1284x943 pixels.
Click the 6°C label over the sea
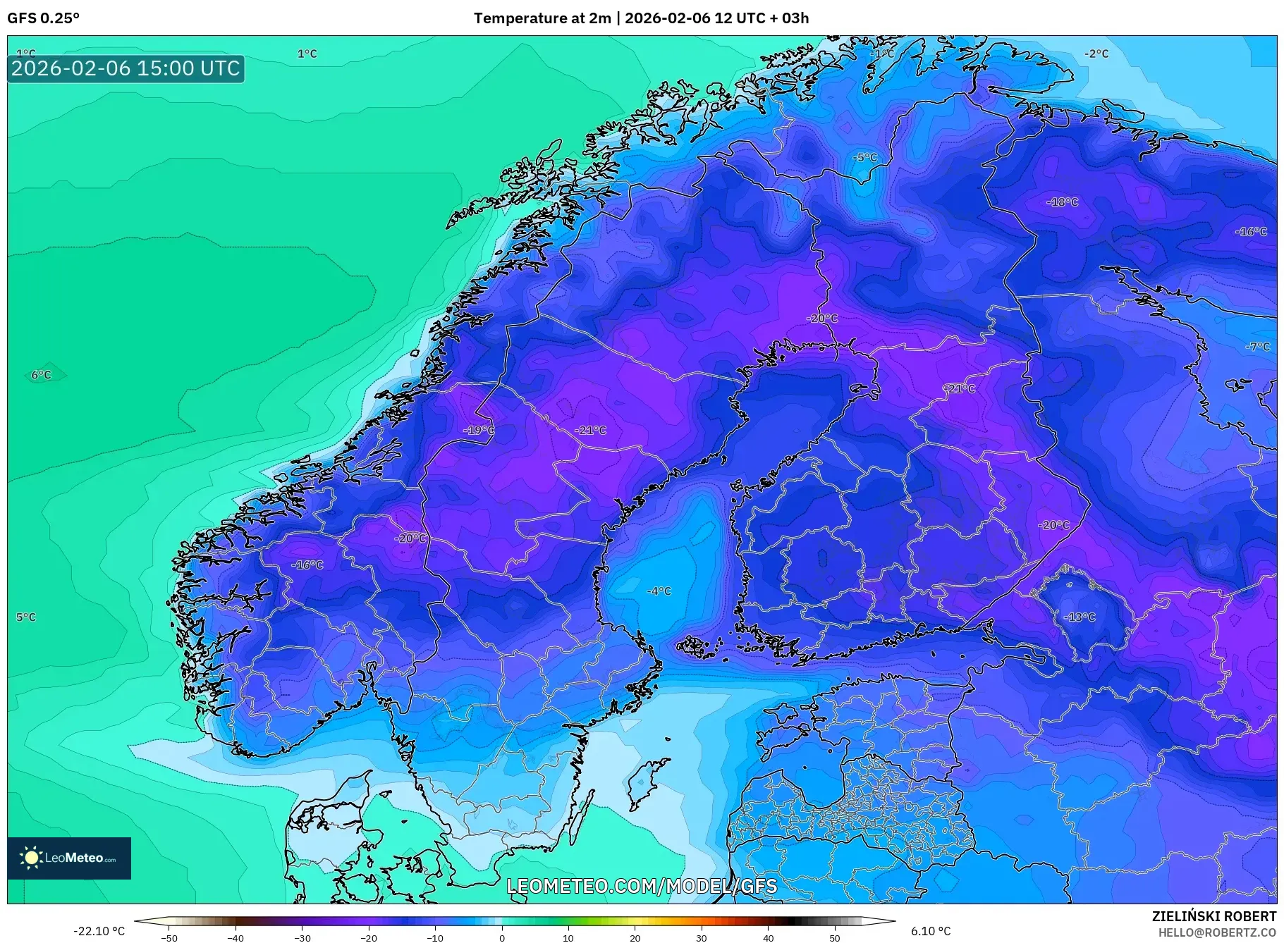(x=41, y=375)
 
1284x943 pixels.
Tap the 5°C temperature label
(x=26, y=617)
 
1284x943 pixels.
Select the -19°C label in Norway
(x=479, y=430)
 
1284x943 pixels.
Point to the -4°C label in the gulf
(x=659, y=591)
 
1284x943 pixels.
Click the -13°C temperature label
(x=1080, y=617)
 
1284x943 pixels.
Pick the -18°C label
(x=1063, y=202)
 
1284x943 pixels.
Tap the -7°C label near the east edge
(x=1257, y=347)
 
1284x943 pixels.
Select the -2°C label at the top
(x=1096, y=54)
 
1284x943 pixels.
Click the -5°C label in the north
(x=865, y=158)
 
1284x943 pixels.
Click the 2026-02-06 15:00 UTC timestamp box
(x=126, y=68)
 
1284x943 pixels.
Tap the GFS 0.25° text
(x=43, y=18)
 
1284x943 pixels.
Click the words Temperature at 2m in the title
(x=542, y=18)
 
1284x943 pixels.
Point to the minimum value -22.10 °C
(x=99, y=931)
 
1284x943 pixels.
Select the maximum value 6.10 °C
(x=930, y=931)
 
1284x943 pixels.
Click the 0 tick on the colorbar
(x=502, y=937)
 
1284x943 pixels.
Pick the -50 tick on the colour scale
(x=169, y=937)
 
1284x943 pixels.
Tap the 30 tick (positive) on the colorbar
(x=701, y=937)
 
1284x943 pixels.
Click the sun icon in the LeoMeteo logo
(x=31, y=858)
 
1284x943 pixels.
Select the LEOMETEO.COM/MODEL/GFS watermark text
(x=642, y=886)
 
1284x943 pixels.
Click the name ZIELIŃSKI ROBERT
(x=1213, y=916)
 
